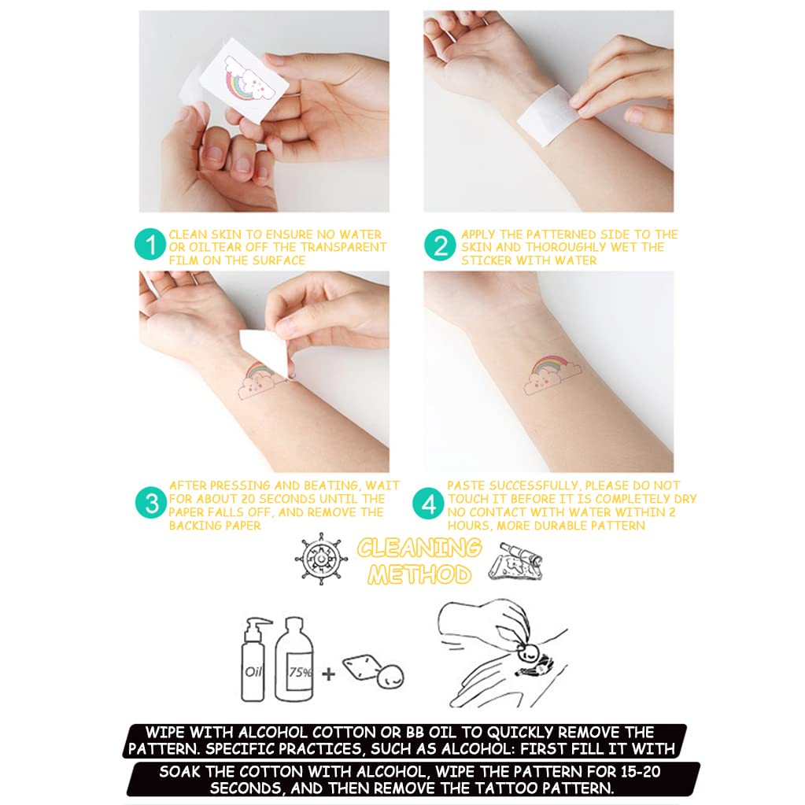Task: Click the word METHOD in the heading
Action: pos(419,574)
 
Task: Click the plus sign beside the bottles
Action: pos(328,674)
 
